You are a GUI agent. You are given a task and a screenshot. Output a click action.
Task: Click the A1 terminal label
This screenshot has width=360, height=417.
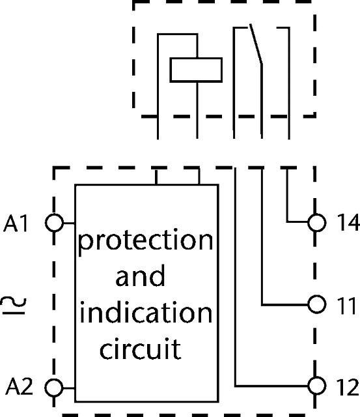(x=16, y=223)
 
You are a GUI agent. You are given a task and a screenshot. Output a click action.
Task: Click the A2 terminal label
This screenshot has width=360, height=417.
(x=19, y=386)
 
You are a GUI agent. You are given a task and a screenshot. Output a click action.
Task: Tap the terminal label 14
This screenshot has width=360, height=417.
(x=348, y=222)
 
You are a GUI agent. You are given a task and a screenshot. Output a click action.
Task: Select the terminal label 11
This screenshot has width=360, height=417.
(x=346, y=306)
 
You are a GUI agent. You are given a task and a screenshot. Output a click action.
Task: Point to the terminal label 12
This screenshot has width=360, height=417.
(x=348, y=387)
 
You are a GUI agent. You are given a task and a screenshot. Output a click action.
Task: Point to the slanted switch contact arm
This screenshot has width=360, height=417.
(x=256, y=44)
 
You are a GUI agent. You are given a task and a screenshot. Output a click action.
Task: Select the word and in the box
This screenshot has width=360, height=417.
(x=140, y=276)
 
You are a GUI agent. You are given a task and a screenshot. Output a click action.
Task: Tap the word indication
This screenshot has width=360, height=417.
(x=146, y=313)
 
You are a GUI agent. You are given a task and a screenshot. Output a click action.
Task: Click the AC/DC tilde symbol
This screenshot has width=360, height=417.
(x=14, y=306)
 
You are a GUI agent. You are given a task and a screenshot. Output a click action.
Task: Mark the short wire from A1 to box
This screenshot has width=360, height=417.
(x=70, y=223)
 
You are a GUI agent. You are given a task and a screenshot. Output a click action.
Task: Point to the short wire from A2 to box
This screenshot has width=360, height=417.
(x=69, y=388)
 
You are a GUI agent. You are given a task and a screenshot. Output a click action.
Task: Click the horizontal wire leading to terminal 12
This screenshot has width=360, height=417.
(x=271, y=386)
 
